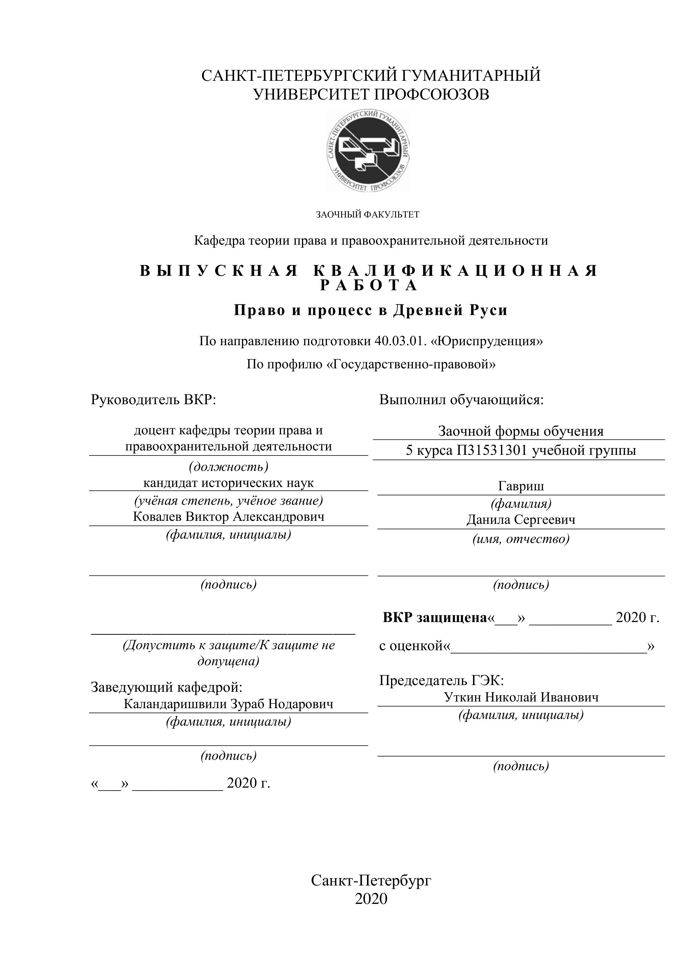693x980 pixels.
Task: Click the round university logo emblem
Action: coord(368,150)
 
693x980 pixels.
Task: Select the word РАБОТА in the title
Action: coord(370,286)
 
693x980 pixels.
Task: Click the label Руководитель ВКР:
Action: coord(153,400)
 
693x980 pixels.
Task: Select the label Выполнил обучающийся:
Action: coord(461,400)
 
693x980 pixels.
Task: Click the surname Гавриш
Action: coord(521,486)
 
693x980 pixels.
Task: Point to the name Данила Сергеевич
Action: coord(521,519)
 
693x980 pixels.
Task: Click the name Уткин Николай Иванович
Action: coord(521,697)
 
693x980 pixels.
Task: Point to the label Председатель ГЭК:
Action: coord(442,680)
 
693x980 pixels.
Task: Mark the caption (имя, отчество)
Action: coord(521,539)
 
